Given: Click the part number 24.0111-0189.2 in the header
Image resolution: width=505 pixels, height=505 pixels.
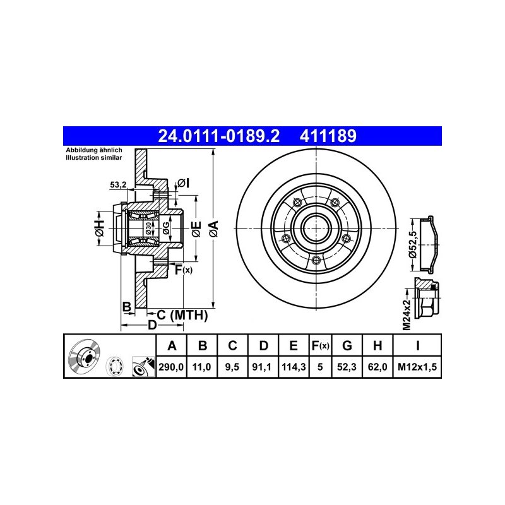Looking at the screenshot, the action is [x=218, y=136].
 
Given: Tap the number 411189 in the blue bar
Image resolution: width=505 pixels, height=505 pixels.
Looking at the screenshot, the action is [x=328, y=136].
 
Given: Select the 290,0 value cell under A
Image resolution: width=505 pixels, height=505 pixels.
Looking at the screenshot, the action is [x=171, y=367].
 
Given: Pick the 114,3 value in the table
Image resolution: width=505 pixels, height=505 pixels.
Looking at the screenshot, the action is [x=294, y=367].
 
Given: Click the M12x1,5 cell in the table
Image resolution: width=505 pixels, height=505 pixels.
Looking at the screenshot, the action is [x=417, y=367].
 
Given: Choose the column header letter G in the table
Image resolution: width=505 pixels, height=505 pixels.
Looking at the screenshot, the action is [x=347, y=345].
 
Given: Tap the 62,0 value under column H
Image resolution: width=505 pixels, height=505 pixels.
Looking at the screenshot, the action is [x=377, y=367].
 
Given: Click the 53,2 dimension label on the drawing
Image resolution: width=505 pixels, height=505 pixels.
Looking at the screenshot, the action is [x=118, y=185].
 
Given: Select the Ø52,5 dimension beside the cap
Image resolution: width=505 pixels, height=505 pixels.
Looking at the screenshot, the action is [x=413, y=244].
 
